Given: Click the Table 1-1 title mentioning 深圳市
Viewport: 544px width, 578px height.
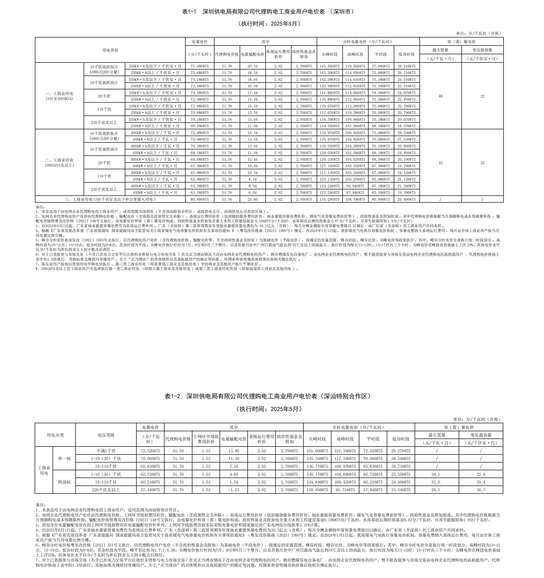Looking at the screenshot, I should [x=268, y=12].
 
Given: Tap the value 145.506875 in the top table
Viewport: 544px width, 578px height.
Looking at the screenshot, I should [x=330, y=66].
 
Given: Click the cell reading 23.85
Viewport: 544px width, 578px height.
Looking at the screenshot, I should [x=252, y=200].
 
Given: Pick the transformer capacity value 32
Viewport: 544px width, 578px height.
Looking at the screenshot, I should [x=482, y=163].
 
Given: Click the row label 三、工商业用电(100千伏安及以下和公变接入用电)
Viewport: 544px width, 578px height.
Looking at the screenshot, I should [x=110, y=200].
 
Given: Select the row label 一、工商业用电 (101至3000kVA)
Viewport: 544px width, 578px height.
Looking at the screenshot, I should [x=59, y=96].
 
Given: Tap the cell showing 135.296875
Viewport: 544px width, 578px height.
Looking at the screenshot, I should [x=330, y=200].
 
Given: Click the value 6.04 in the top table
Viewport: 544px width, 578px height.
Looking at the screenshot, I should [x=252, y=193].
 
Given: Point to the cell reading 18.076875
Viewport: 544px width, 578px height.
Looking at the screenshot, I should [x=406, y=126].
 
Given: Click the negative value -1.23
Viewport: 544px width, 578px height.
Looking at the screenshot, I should [x=234, y=490].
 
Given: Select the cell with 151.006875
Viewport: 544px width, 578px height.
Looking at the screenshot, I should [x=317, y=451].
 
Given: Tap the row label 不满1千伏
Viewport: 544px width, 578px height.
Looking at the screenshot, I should [x=106, y=451].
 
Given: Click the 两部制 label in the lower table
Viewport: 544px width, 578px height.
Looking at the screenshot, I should [x=64, y=482].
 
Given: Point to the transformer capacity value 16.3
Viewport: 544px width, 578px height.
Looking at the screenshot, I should [x=481, y=490].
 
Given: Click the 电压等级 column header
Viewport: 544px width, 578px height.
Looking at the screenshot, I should [x=106, y=435].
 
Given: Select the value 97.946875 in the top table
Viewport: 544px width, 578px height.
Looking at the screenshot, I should [x=355, y=193].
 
